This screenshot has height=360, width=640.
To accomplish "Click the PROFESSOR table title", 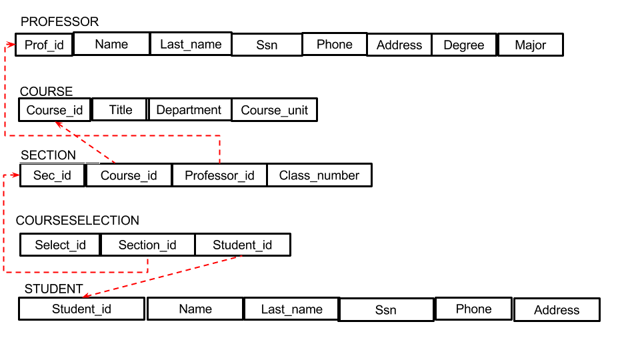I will (59, 22).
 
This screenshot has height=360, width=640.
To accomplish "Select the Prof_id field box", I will (44, 45).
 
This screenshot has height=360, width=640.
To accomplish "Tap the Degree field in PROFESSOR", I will (464, 45).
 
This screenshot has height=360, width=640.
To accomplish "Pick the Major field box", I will (531, 45).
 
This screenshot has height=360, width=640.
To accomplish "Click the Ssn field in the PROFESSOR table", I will (267, 45).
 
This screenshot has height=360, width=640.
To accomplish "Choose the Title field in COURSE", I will (120, 110).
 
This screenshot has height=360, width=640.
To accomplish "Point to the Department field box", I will (189, 110).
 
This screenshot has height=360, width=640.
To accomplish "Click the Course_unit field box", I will (274, 110).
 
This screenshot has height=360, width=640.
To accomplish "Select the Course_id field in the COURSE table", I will (55, 110).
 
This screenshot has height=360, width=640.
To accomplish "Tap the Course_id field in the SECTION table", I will (129, 175).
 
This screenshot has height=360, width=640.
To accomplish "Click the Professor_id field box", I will (219, 175).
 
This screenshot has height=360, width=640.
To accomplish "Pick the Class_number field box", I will (319, 175).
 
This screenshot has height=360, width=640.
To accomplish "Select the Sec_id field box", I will (53, 175).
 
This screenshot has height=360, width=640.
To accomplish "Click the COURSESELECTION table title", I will (77, 221).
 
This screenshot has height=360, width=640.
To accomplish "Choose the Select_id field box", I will (60, 245).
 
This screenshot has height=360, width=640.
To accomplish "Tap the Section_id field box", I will (147, 245).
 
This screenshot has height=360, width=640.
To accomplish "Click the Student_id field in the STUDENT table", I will (81, 309).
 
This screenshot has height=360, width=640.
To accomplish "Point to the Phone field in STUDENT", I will (473, 309).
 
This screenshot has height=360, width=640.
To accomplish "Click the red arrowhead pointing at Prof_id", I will (11, 45).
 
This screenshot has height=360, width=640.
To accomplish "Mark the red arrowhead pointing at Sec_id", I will (15, 175).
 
